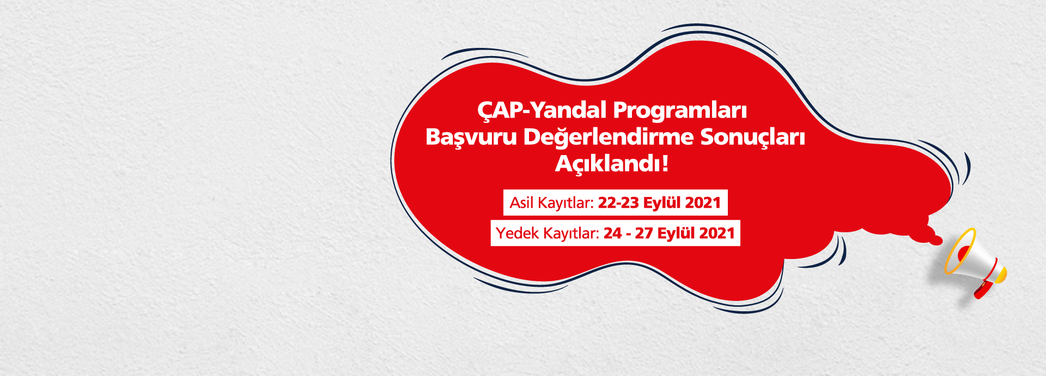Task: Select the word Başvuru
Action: pyautogui.click(x=471, y=137)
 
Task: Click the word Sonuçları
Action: pyautogui.click(x=752, y=137)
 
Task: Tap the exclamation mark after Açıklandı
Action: pyautogui.click(x=665, y=163)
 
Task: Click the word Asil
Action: pyautogui.click(x=521, y=203)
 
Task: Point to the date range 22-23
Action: pyautogui.click(x=618, y=203)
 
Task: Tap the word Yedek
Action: pyautogui.click(x=514, y=233)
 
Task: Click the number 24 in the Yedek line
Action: pyautogui.click(x=612, y=233)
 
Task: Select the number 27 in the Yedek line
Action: pyautogui.click(x=643, y=233)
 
